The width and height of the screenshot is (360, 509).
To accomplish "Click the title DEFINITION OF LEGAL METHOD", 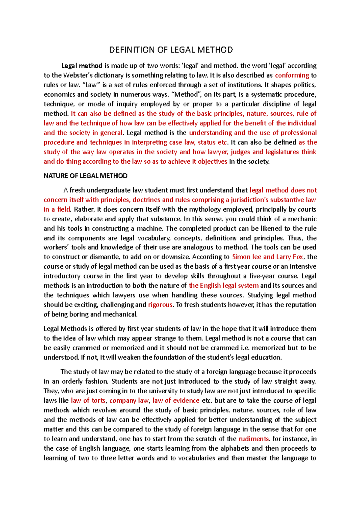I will click(171, 50).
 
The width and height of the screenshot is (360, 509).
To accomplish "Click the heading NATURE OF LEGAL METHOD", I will click(85, 176).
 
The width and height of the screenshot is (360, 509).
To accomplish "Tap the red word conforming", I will click(292, 75).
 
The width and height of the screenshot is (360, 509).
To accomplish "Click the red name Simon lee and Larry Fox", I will click(268, 257).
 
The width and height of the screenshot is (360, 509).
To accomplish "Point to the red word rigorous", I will click(160, 305).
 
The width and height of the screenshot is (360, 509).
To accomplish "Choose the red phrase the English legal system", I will click(223, 286).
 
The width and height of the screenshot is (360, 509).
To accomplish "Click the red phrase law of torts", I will click(88, 400).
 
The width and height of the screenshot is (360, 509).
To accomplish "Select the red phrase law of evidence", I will click(176, 400).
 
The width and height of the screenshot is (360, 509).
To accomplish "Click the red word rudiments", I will click(253, 439).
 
